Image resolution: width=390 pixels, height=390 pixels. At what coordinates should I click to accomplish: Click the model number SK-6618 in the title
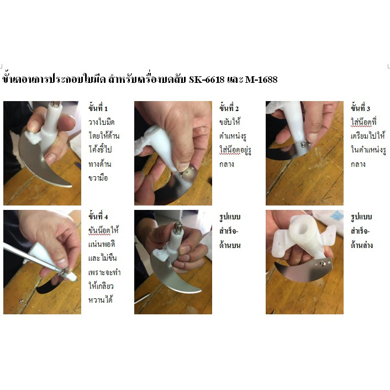click(207, 80)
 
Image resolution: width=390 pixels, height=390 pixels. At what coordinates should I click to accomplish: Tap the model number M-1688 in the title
click(261, 80)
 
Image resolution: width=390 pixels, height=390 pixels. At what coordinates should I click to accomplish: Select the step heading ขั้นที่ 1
click(98, 108)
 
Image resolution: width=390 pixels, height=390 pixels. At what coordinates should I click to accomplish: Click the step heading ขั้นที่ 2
click(229, 108)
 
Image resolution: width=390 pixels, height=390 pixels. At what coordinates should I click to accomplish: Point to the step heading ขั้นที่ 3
click(360, 108)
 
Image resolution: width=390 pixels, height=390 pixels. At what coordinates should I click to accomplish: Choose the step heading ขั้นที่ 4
click(98, 216)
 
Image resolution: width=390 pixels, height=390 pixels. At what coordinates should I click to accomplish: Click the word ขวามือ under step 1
click(98, 178)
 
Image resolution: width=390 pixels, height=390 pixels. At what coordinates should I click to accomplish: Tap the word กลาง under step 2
click(226, 164)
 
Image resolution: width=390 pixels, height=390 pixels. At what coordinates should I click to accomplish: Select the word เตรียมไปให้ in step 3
click(368, 135)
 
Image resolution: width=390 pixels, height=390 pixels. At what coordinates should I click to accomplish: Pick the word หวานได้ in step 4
click(101, 299)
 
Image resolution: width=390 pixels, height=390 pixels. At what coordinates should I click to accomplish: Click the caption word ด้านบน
click(230, 245)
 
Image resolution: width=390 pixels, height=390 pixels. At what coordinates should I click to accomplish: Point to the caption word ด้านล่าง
click(362, 245)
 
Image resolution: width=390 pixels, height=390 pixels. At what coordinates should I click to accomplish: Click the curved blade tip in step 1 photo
click(70, 185)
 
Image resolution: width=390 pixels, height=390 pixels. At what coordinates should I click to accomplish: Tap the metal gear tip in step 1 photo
click(55, 104)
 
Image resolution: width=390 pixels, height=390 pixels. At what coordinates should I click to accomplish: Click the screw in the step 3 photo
click(303, 144)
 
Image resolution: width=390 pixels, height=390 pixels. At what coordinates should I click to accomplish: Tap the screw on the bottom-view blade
click(323, 263)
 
